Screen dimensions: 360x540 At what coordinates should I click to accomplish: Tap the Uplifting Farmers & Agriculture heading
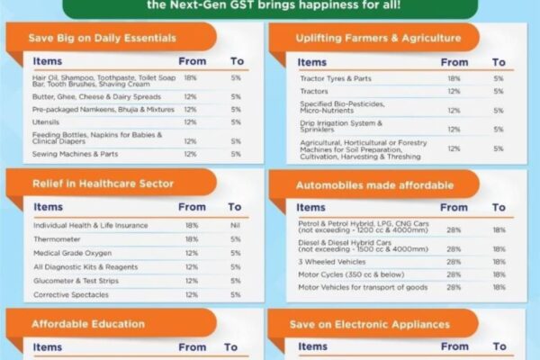378,38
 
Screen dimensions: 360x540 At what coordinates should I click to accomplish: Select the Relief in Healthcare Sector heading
103,184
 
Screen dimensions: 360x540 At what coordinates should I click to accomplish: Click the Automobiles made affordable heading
375,185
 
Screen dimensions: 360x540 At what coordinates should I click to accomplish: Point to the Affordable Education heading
87,323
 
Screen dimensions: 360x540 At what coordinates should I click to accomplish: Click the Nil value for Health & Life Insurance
235,225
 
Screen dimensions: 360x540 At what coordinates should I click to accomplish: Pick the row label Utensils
46,121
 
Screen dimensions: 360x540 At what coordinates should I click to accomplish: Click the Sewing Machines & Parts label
74,154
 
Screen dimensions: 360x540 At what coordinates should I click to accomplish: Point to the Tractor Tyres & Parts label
336,78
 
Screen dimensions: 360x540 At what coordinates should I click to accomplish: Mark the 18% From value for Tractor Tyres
454,78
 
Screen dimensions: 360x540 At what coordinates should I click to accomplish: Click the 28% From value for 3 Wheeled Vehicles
454,261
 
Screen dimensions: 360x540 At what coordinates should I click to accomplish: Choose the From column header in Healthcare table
191,207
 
